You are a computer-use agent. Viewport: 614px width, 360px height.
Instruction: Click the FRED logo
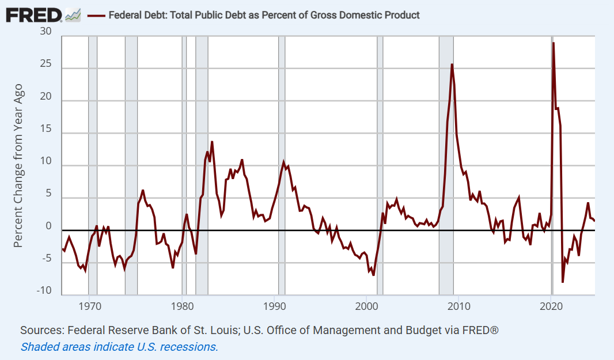pos(33,14)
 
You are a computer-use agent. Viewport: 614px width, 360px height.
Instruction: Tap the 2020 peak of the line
pos(553,43)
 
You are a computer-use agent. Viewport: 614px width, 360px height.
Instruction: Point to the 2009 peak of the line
pos(452,65)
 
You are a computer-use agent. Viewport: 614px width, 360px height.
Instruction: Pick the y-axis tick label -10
pos(44,291)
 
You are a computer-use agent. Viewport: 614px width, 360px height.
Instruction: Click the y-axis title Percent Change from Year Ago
pos(18,165)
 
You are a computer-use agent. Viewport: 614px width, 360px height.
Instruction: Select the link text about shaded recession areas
pos(119,347)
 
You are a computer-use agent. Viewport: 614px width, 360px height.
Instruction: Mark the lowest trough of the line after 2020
pos(563,282)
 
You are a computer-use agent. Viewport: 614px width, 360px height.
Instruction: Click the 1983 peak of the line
pos(212,142)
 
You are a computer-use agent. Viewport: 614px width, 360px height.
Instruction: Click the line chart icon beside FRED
pos(73,15)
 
